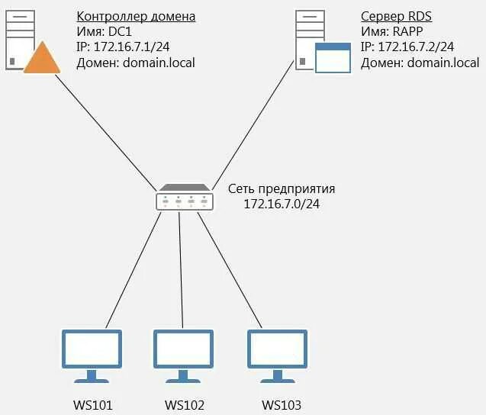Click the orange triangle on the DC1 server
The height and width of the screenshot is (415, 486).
[41, 60]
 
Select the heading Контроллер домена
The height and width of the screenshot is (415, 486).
[136, 16]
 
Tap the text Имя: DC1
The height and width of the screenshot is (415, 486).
[104, 31]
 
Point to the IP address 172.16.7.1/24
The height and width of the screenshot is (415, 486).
[123, 47]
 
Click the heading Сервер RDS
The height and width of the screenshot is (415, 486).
[391, 16]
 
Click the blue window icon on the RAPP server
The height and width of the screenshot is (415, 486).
[333, 58]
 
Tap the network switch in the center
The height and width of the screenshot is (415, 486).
[184, 198]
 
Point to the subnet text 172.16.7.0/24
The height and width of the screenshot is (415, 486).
[281, 204]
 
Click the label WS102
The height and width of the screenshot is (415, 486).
[184, 405]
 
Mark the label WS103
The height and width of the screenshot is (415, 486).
[281, 405]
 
